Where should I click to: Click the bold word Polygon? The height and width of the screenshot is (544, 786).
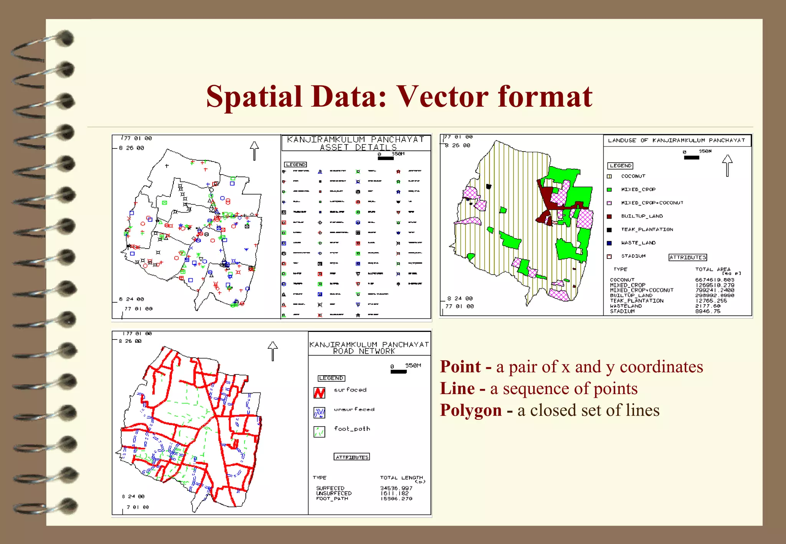tap(471, 410)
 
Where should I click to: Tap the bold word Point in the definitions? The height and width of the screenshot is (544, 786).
tap(460, 367)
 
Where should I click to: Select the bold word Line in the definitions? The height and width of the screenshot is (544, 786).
tap(457, 388)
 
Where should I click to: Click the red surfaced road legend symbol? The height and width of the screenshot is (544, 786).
tap(319, 392)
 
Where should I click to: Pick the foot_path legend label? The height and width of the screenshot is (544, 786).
tap(352, 429)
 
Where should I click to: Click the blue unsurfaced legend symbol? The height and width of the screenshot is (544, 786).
tap(319, 412)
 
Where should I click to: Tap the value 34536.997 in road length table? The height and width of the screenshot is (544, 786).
tap(396, 488)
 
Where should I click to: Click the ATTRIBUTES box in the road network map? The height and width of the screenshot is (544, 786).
tap(352, 457)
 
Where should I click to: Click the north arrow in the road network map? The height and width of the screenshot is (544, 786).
tap(272, 351)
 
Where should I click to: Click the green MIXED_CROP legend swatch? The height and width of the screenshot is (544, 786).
tap(609, 190)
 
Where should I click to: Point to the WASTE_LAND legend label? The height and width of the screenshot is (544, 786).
tap(638, 243)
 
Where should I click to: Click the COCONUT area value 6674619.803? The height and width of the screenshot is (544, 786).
tap(715, 280)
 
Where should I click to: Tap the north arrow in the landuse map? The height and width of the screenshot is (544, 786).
tap(727, 165)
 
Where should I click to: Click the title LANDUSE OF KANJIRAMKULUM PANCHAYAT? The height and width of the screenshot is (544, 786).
tap(676, 140)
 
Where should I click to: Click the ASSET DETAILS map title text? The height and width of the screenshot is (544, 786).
tap(358, 147)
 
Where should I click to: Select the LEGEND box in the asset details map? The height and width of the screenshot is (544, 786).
tap(296, 165)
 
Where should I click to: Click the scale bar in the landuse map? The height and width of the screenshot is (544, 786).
tap(691, 157)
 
